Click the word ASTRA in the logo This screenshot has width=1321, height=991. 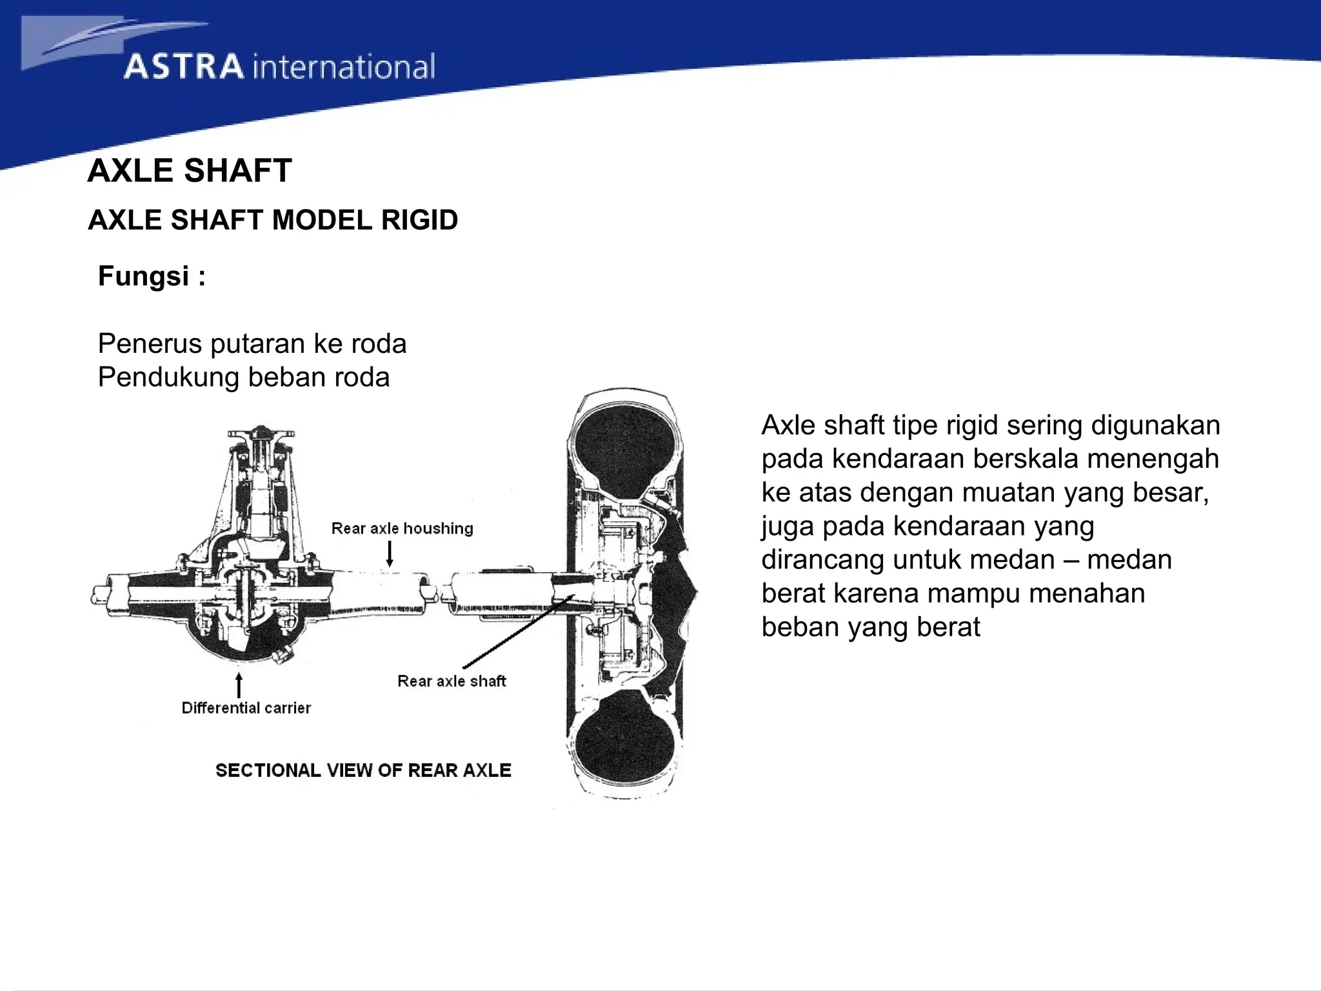184,67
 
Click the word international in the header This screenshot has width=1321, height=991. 344,67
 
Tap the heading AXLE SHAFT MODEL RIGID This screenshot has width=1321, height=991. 273,220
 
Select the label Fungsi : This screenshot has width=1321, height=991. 152,276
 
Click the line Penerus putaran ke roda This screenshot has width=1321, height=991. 252,343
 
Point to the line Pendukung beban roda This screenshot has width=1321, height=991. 243,377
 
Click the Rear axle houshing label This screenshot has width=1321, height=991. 402,528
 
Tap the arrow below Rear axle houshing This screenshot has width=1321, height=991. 390,554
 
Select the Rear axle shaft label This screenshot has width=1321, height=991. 452,681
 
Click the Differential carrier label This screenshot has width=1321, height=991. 246,708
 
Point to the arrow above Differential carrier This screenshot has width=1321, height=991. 239,685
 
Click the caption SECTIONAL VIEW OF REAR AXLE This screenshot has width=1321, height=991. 363,770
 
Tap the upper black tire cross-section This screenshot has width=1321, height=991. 626,455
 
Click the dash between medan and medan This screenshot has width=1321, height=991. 1071,559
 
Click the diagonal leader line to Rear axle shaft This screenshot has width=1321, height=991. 516,632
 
